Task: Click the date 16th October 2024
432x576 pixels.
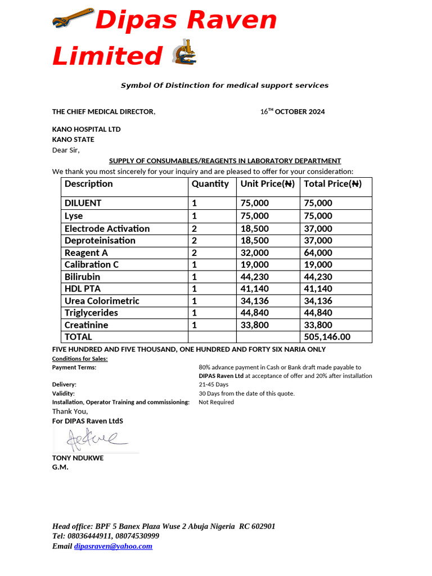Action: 292,111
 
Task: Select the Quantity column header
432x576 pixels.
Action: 210,184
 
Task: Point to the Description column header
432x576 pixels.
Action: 88,184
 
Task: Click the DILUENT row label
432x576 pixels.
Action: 83,203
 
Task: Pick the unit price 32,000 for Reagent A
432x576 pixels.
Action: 254,253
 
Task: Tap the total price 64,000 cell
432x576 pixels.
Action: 318,253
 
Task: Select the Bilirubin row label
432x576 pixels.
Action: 82,277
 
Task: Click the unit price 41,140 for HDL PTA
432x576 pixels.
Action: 254,289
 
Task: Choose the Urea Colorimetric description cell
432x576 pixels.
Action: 102,301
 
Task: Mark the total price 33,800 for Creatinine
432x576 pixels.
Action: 318,325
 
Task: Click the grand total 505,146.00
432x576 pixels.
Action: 326,337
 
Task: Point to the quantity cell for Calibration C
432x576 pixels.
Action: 194,264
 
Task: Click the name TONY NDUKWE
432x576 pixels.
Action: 78,458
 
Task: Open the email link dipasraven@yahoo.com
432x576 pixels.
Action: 113,546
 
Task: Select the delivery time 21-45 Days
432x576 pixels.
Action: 214,385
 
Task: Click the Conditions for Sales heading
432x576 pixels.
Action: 80,359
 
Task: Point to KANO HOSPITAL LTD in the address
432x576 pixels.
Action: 86,129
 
